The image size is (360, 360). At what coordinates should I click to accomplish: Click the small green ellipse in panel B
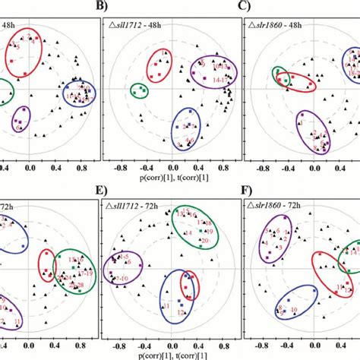click(x=139, y=90)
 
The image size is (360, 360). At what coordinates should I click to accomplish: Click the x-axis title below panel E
click(x=172, y=354)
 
